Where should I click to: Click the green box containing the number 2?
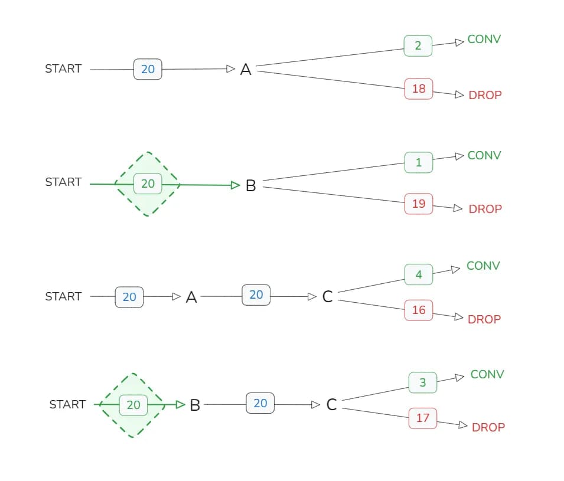tap(418, 45)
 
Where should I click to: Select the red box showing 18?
tap(419, 89)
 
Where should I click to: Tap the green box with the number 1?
tap(419, 162)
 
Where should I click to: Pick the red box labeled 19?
tap(419, 204)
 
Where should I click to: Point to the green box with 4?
tap(419, 274)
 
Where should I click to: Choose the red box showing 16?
tap(419, 310)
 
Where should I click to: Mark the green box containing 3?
tap(423, 382)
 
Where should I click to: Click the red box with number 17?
tap(423, 418)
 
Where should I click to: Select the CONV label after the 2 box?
tap(484, 40)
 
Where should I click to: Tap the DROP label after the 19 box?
tap(485, 209)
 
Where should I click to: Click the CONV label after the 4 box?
tap(483, 266)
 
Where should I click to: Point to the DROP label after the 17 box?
tap(488, 427)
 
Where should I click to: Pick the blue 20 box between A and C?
tap(256, 295)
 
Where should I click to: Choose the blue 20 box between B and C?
tap(260, 403)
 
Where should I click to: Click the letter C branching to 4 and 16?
tap(328, 297)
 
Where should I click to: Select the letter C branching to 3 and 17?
tap(331, 405)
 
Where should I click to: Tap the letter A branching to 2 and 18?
tap(246, 70)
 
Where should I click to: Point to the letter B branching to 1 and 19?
tap(250, 186)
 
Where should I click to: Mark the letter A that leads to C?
tap(191, 297)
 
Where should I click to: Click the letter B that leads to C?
tap(195, 405)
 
